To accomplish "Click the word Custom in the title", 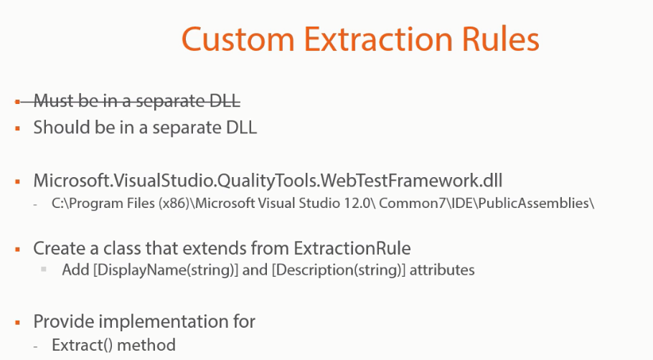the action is point(238,39).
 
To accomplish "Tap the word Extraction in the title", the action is point(378,39).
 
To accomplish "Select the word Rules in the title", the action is point(501,39).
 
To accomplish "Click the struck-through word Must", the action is point(54,100).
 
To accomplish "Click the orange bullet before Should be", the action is point(17,128).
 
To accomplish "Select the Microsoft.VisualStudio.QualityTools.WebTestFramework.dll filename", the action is point(268,181).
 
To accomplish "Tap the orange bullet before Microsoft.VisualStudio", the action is point(17,181).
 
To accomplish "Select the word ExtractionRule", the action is point(352,248).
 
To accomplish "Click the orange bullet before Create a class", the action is point(17,250).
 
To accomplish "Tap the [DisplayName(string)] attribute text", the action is point(166,270).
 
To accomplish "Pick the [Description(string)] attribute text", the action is point(339,270).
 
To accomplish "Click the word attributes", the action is point(442,270).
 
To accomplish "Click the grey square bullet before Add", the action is point(44,269).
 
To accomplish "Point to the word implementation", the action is point(165,322).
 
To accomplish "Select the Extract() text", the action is point(82,345).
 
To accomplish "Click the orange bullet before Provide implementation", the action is point(17,323).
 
